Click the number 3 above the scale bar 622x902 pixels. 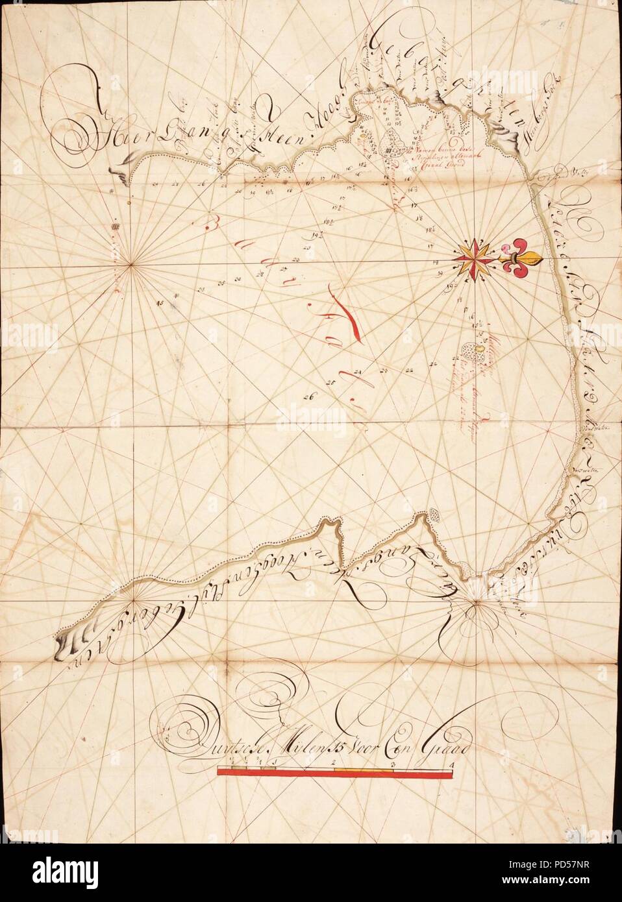[x=393, y=764]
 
